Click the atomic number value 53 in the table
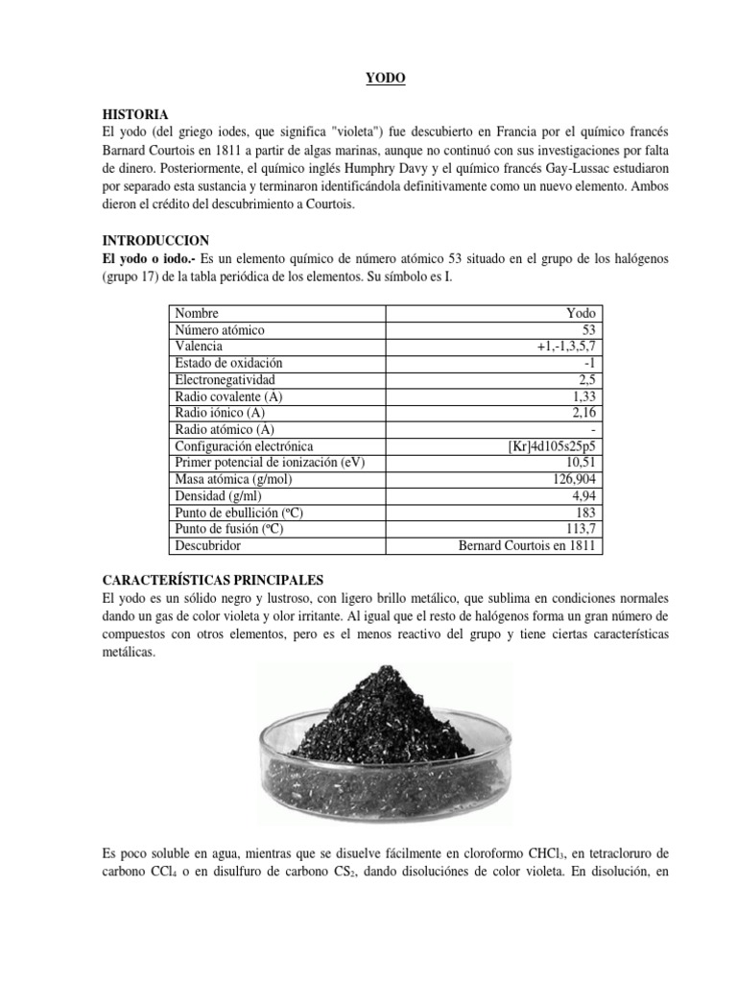(x=589, y=330)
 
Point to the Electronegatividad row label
(x=224, y=380)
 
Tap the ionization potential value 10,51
(x=582, y=463)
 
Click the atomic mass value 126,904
(x=573, y=480)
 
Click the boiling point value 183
(x=586, y=513)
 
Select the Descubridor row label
(x=208, y=546)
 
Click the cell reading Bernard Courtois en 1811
(x=526, y=546)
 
